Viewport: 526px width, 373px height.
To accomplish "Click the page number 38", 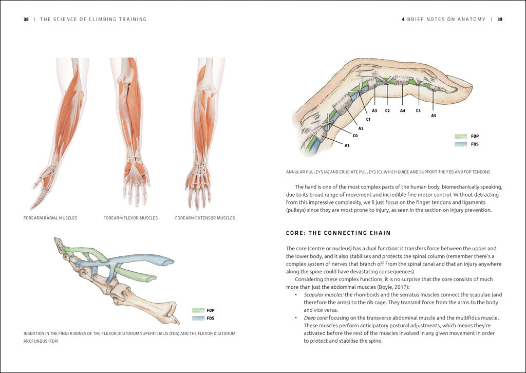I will [26, 20].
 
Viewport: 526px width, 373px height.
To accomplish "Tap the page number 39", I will [500, 20].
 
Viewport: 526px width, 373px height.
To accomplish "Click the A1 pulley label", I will [347, 145].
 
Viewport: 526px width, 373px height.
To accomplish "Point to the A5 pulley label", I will [434, 116].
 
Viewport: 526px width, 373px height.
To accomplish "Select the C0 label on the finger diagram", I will [354, 136].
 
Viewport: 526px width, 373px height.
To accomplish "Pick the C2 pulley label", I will [387, 111].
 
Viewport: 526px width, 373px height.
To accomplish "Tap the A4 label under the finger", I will [403, 111].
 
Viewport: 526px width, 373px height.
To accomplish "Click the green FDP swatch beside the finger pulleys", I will [461, 137].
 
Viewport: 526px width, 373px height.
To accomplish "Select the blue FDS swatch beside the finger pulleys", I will [461, 144].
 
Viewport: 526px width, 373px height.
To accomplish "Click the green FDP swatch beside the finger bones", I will [198, 311].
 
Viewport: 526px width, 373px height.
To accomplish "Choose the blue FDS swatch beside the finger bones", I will [198, 319].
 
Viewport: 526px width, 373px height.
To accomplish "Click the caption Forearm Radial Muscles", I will [50, 218].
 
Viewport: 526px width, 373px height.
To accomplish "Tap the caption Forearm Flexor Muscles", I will [130, 218].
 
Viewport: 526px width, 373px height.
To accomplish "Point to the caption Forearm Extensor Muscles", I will [205, 218].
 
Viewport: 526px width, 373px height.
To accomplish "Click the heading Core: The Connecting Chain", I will [339, 233].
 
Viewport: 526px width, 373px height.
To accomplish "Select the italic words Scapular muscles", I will [324, 295].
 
